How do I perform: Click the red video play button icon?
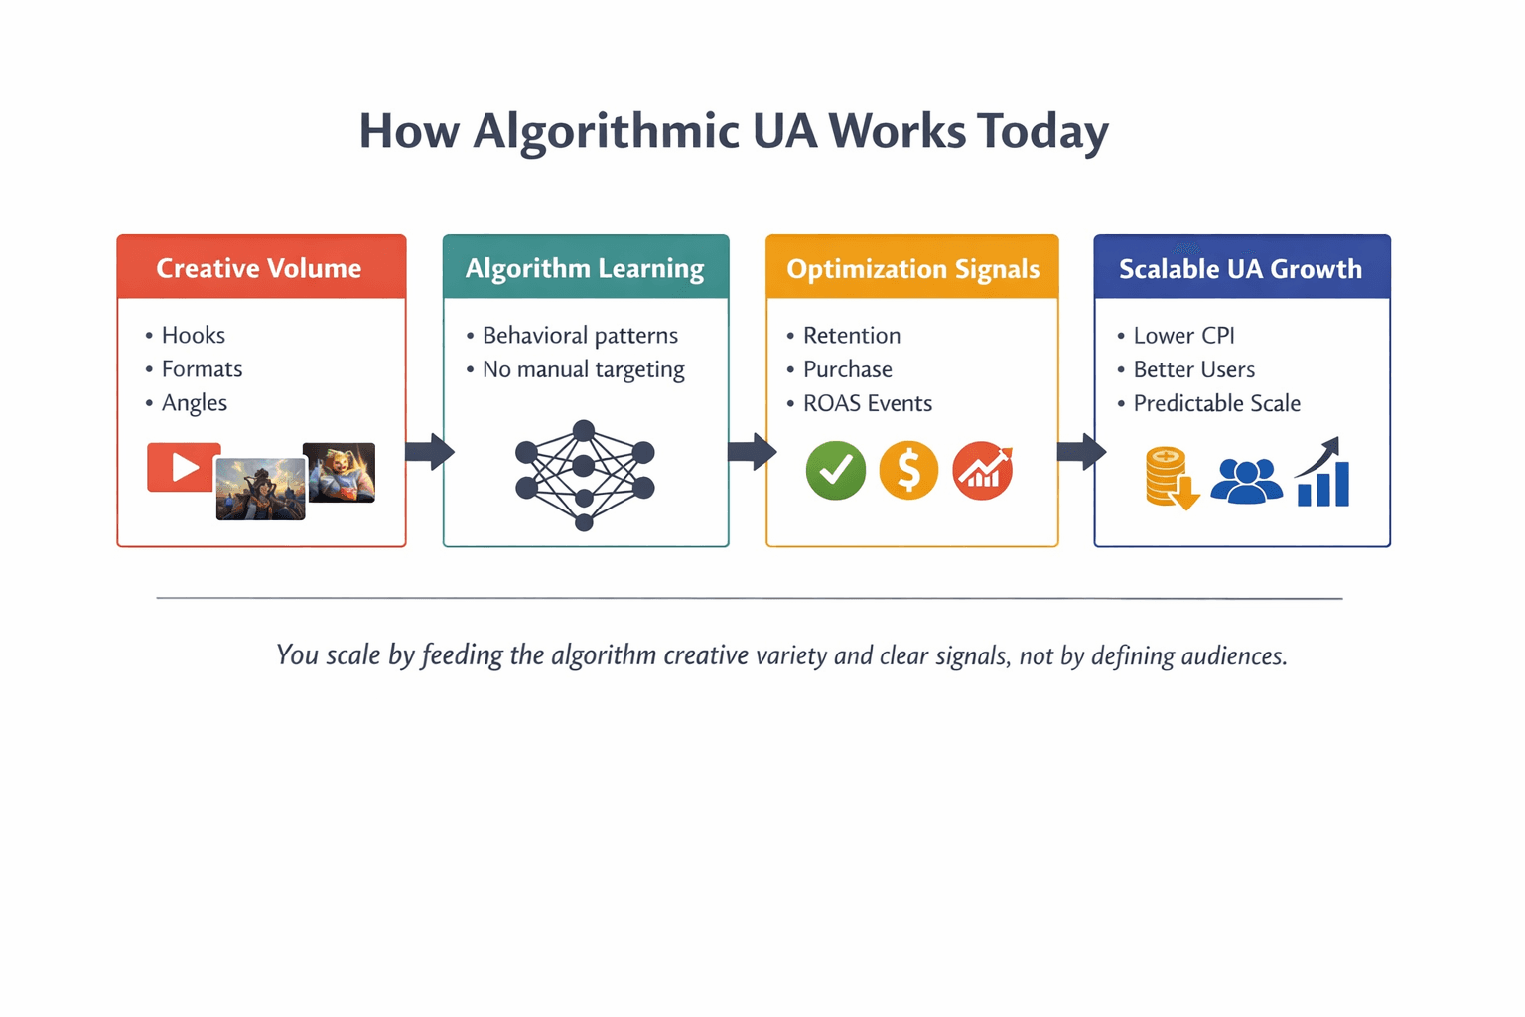(x=184, y=467)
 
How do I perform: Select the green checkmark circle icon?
(x=835, y=470)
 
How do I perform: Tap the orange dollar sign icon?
(x=907, y=470)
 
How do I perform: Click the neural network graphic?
(x=584, y=475)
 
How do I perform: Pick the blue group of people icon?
(x=1246, y=481)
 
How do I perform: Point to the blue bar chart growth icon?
(x=1323, y=474)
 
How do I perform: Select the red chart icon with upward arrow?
(x=982, y=470)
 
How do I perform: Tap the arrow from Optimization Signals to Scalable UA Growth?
(x=1080, y=452)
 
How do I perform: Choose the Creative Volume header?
(x=259, y=268)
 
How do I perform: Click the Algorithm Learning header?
(x=585, y=268)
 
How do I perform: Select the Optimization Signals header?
(x=912, y=269)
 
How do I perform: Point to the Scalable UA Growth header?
(x=1240, y=269)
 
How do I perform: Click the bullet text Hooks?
(x=194, y=335)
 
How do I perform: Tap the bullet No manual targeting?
(x=583, y=369)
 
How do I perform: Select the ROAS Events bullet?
(x=867, y=403)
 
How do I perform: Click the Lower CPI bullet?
(x=1183, y=335)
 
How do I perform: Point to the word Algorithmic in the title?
(x=606, y=132)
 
